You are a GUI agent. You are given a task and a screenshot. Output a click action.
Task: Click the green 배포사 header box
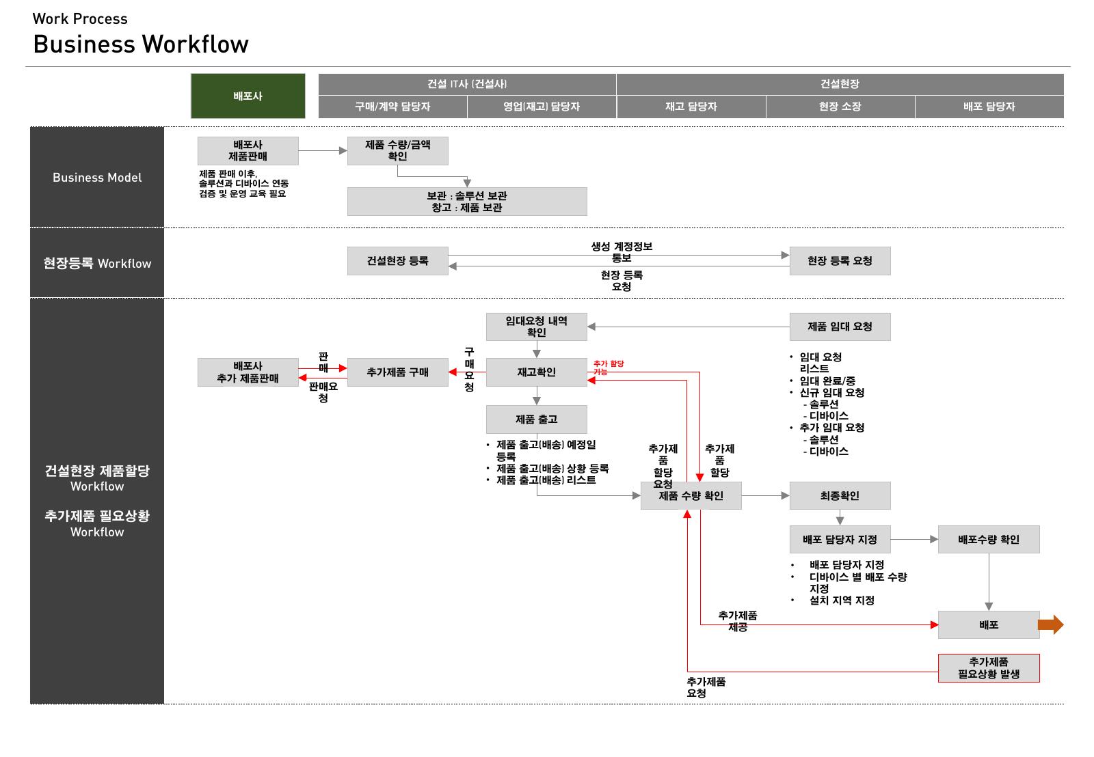pos(248,96)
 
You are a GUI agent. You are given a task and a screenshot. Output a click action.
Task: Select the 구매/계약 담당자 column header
pos(392,107)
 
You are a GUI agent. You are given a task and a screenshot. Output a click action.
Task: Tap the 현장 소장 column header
pos(840,107)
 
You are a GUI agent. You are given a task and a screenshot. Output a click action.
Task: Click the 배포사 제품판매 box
pos(248,151)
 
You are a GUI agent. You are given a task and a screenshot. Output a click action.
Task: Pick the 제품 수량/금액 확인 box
pos(397,151)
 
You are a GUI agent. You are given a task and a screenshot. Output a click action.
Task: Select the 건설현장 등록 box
pos(397,261)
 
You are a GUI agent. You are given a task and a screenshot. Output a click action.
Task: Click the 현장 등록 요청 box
pos(840,261)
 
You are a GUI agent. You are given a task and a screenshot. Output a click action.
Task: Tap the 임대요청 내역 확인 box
pos(537,327)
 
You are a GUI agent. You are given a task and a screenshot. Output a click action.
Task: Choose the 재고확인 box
pos(537,372)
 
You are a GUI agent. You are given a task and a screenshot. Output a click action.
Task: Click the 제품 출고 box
pos(537,419)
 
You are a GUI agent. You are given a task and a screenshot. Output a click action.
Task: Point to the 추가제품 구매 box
pos(397,372)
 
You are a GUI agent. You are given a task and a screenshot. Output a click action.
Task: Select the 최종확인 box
pos(840,496)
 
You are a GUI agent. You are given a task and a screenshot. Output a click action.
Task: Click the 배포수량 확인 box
pos(989,539)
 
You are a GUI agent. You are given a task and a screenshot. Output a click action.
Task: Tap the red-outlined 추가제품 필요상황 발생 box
pos(989,668)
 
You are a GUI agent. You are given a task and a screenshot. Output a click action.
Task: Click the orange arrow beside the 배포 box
pos(1050,624)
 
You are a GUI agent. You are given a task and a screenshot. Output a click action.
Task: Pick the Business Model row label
pos(97,178)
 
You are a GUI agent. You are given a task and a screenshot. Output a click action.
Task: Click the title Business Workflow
pos(141,44)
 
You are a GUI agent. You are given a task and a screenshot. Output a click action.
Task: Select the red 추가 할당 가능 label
pos(608,368)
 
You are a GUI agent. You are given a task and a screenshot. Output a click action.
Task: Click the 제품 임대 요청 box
pos(840,327)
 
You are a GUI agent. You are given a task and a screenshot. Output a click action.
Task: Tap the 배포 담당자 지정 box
pos(840,539)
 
